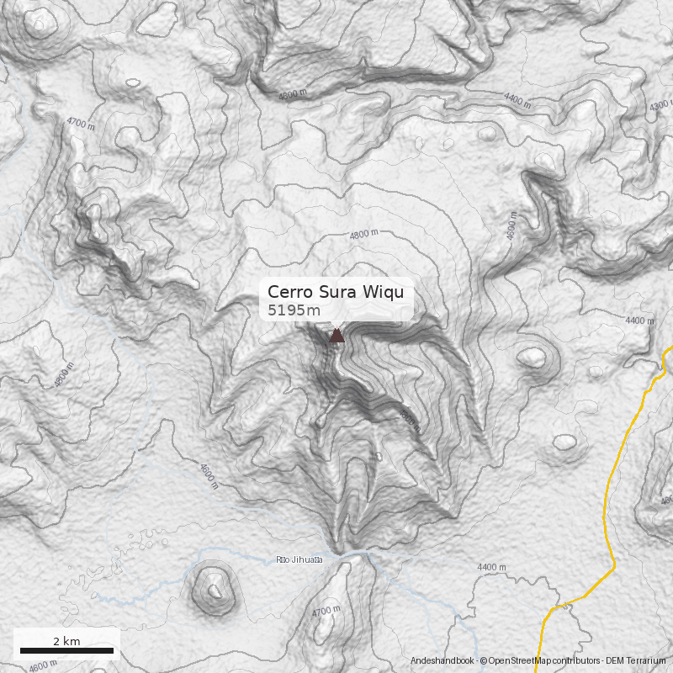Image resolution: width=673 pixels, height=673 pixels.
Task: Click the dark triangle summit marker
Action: tap(336, 336)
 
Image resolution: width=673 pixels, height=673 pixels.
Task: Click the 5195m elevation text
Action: tap(294, 310)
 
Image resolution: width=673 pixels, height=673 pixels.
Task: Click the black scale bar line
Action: tap(66, 650)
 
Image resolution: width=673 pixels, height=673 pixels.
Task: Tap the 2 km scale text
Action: tap(66, 641)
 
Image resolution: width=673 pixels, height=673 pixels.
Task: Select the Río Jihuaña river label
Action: tap(299, 560)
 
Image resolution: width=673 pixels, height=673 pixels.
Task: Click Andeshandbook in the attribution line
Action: tap(442, 662)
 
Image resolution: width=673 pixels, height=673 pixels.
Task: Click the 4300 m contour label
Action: tap(660, 107)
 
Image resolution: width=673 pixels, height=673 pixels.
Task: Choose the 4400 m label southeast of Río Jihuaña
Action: tap(490, 568)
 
